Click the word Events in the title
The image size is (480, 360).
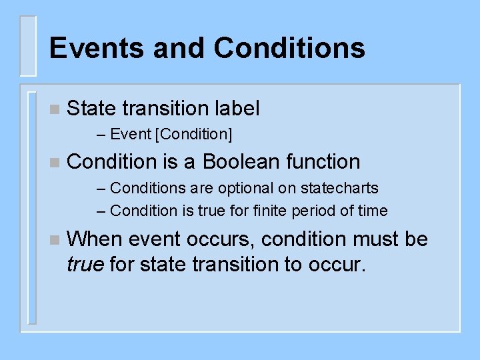94,48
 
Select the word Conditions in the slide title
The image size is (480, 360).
289,48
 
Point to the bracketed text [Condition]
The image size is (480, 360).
193,134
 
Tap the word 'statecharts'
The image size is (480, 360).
341,189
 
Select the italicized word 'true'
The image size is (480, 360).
85,264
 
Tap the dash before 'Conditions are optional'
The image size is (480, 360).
101,189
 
